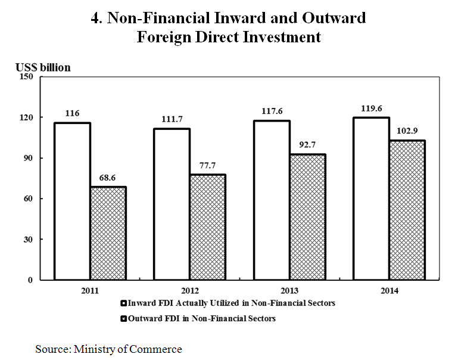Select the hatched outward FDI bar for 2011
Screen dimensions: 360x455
108,233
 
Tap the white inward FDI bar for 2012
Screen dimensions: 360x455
172,204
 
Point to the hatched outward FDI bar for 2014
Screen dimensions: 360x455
407,210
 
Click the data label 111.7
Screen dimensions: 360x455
172,119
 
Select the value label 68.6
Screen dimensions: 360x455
108,178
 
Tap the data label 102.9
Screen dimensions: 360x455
407,131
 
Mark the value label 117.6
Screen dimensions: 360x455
272,111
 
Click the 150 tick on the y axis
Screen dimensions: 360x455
27,76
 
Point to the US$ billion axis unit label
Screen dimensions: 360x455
43,67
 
